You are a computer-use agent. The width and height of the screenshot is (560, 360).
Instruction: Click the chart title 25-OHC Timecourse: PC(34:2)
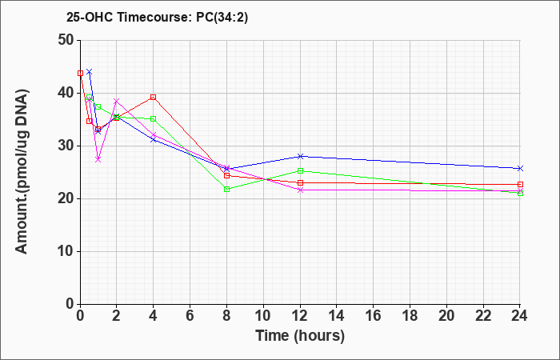pyautogui.click(x=157, y=17)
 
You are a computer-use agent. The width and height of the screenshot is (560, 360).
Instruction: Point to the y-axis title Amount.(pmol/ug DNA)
pyautogui.click(x=22, y=172)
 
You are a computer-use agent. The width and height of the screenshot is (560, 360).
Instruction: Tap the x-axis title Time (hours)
pyautogui.click(x=300, y=336)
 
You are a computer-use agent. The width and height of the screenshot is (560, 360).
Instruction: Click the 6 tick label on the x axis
pyautogui.click(x=190, y=315)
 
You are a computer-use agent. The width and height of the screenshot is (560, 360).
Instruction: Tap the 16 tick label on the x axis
pyautogui.click(x=374, y=315)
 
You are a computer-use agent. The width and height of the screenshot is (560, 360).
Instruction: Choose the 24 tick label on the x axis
pyautogui.click(x=520, y=315)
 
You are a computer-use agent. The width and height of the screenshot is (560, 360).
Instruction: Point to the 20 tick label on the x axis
pyautogui.click(x=446, y=315)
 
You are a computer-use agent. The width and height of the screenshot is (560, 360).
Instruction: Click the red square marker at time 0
pyautogui.click(x=80, y=74)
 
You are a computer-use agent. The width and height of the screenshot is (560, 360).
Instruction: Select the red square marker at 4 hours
pyautogui.click(x=154, y=97)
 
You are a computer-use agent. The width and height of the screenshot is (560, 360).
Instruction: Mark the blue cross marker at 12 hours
pyautogui.click(x=300, y=156)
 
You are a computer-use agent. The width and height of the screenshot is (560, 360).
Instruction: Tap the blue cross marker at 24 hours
pyautogui.click(x=520, y=168)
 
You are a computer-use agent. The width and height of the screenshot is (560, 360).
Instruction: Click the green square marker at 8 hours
pyautogui.click(x=226, y=190)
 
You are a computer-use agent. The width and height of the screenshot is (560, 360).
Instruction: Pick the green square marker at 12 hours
pyautogui.click(x=300, y=170)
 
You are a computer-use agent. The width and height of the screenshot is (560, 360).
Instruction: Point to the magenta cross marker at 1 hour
pyautogui.click(x=98, y=159)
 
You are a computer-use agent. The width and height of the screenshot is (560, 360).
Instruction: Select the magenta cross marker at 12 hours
pyautogui.click(x=300, y=190)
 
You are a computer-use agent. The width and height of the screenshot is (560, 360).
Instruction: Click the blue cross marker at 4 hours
pyautogui.click(x=154, y=139)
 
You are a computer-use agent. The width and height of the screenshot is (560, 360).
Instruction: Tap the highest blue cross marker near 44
pyautogui.click(x=90, y=72)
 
